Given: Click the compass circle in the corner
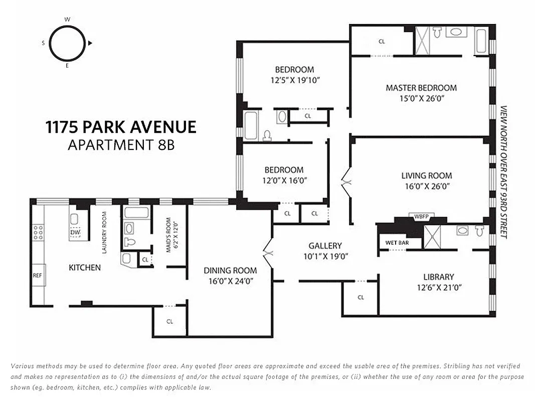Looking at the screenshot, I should click(x=67, y=44).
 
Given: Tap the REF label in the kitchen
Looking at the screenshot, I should click(x=37, y=275).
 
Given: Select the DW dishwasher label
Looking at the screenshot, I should click(x=75, y=233).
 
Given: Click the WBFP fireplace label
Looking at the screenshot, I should click(x=421, y=217).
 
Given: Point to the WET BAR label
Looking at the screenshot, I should click(x=395, y=243).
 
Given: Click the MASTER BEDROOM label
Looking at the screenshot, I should click(x=421, y=88).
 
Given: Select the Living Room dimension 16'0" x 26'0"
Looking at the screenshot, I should click(x=426, y=186).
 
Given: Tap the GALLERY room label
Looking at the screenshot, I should click(x=325, y=246).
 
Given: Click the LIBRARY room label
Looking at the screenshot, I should click(x=438, y=277).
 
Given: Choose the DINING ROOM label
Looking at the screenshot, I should click(x=230, y=271).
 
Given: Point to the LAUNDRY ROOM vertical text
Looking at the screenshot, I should click(x=104, y=232).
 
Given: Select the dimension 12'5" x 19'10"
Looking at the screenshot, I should click(x=294, y=80).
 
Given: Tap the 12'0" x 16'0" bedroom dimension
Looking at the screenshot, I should click(x=284, y=180).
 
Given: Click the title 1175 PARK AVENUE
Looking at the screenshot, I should click(x=121, y=127).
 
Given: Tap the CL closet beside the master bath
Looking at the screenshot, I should click(x=382, y=42).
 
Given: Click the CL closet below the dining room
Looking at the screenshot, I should click(x=169, y=321).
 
